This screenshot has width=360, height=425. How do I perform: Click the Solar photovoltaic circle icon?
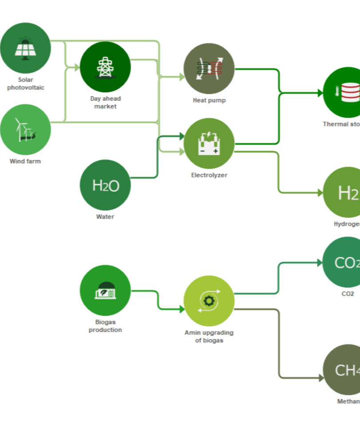pos(25,48)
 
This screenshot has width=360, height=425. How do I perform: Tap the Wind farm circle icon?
pos(25,130)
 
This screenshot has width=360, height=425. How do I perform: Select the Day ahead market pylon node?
pos(105,67)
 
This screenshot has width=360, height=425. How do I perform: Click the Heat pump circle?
pos(209,69)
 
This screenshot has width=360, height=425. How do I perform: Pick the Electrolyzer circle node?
pos(209,143)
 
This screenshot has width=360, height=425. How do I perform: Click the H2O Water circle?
pos(105,185)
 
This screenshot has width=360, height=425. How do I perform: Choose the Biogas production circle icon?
pos(105,291)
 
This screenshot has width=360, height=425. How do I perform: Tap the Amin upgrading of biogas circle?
pos(209,301)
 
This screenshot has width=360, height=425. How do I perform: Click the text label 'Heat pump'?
pos(209,100)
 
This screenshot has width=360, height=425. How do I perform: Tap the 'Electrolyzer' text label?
pos(209,175)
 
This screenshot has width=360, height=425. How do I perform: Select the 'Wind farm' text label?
pos(25,161)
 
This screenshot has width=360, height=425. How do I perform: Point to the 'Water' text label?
pos(105,217)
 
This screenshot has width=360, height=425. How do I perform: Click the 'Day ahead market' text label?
pos(105,102)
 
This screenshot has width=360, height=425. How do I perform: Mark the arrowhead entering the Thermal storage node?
pos(320,93)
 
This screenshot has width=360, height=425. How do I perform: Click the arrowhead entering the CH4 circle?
pos(321,378)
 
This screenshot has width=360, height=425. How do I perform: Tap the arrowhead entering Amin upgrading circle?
pos(182,309)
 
